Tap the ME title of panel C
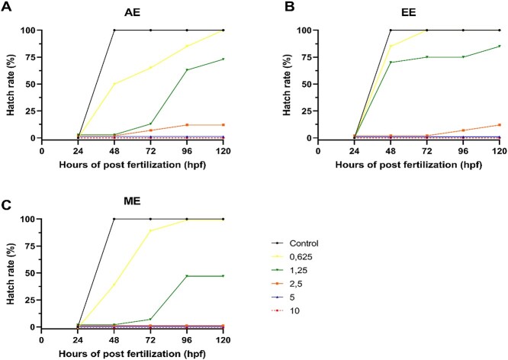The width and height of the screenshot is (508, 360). pyautogui.click(x=135, y=203)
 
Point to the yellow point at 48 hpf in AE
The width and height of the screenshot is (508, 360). pyautogui.click(x=114, y=84)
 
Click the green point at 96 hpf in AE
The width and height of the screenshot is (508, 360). pyautogui.click(x=187, y=70)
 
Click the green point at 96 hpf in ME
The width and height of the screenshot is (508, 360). pyautogui.click(x=187, y=276)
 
